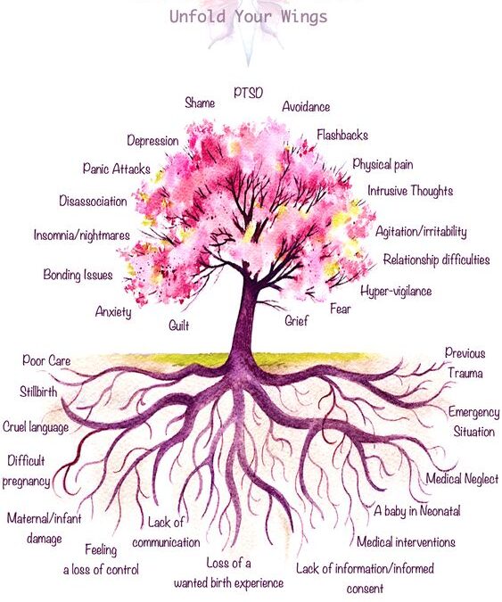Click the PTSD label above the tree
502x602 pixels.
tap(248, 93)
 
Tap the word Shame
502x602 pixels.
tap(200, 103)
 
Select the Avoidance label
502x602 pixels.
tap(306, 106)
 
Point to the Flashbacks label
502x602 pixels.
tap(342, 135)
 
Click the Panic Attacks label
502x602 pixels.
tap(116, 169)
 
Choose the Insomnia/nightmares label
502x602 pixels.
tap(82, 235)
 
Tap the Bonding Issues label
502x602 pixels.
tap(78, 275)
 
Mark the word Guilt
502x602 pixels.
tap(179, 326)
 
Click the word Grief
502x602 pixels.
tap(296, 320)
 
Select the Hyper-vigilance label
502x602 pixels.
tap(396, 291)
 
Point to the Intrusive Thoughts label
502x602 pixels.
tap(410, 191)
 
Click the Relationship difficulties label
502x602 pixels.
tap(436, 260)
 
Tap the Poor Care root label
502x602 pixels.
tap(46, 360)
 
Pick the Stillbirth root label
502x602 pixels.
tap(38, 392)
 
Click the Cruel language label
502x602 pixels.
tap(36, 427)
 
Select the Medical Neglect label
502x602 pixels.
tap(462, 478)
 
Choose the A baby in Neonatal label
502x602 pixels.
tap(417, 511)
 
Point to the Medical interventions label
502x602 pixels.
tap(406, 542)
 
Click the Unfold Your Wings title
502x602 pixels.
tap(248, 17)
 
